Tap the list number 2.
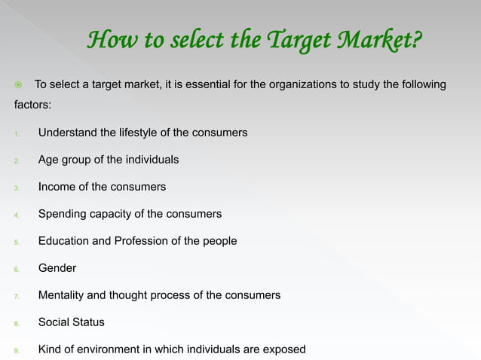coord(17,160)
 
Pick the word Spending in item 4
coord(62,214)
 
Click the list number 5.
coord(17,242)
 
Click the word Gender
coord(57,268)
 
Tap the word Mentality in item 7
coord(62,295)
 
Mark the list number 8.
coord(17,323)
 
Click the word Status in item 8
coord(89,322)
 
